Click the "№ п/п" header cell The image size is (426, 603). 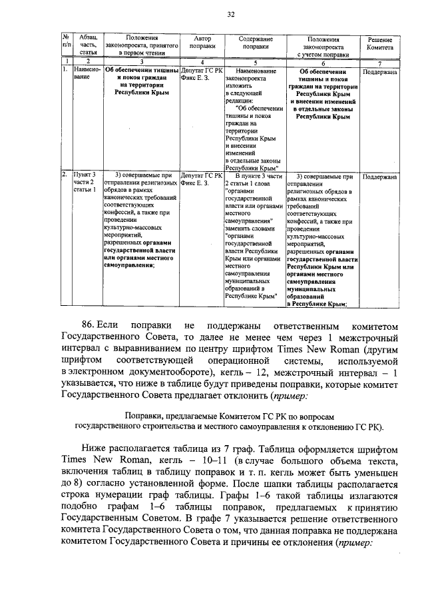point(66,44)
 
